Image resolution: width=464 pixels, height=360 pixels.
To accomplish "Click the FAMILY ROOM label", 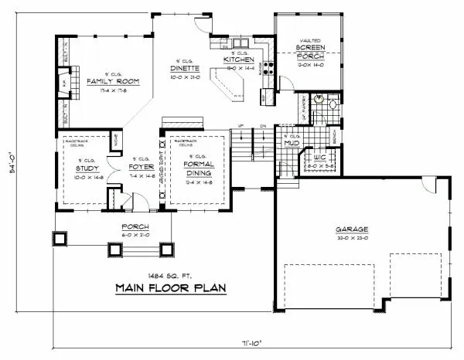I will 106,81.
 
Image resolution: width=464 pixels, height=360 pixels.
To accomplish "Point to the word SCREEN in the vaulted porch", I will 309,48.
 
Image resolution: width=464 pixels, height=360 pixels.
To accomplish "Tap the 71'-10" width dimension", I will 247,340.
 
